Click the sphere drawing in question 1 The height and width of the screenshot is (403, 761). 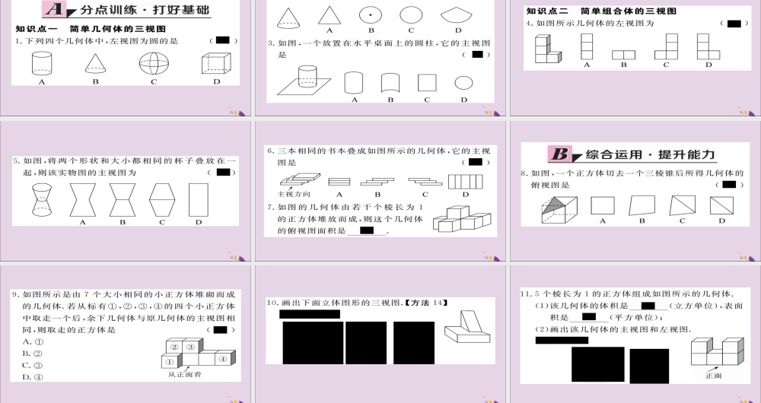click(x=153, y=63)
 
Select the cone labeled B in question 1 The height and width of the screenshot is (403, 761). click(x=96, y=63)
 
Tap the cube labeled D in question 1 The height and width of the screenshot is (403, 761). click(x=215, y=63)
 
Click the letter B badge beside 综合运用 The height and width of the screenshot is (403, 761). click(x=561, y=155)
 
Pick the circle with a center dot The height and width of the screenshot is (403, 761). click(x=371, y=15)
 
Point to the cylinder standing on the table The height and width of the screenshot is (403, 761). click(x=307, y=75)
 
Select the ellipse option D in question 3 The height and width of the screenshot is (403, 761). click(x=463, y=83)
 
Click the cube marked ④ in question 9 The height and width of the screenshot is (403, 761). click(x=223, y=359)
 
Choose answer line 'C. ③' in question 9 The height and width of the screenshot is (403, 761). click(x=32, y=365)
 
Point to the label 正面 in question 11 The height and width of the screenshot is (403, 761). click(x=713, y=376)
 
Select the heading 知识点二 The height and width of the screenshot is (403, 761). click(x=546, y=11)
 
